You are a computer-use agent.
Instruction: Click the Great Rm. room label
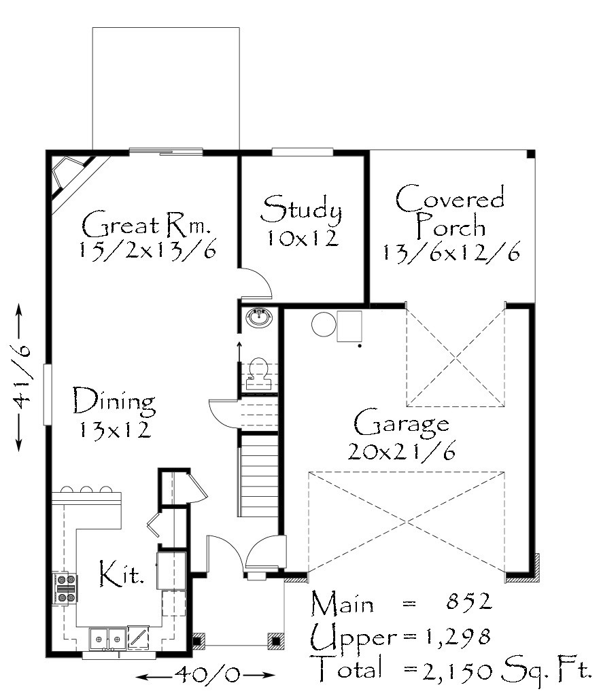(x=145, y=224)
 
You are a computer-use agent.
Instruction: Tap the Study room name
(x=301, y=209)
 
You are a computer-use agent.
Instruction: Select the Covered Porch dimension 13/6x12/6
(x=451, y=253)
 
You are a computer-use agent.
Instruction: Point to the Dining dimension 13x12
(x=115, y=430)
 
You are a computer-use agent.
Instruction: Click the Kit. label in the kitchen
(x=121, y=574)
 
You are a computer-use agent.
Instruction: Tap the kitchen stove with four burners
(x=65, y=589)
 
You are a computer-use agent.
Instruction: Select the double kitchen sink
(x=107, y=639)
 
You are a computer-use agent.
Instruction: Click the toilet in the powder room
(x=258, y=373)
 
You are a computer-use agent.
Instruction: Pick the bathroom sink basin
(x=258, y=318)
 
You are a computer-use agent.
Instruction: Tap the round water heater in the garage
(x=324, y=324)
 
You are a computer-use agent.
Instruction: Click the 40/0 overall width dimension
(x=206, y=675)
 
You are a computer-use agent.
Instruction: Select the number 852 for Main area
(x=468, y=601)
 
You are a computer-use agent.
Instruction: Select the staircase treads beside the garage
(x=259, y=476)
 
